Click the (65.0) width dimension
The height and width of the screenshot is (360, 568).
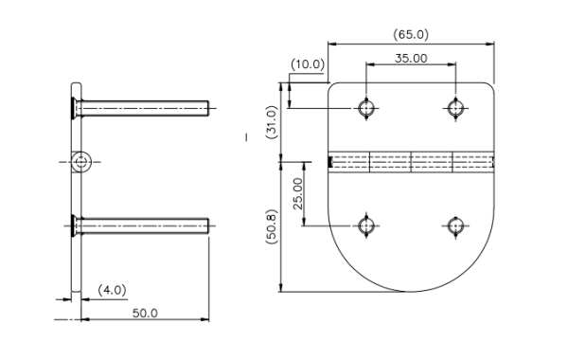(x=411, y=35)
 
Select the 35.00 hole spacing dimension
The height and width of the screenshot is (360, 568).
(x=411, y=58)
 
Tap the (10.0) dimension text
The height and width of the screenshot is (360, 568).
(x=308, y=64)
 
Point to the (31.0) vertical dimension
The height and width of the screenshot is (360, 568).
(x=272, y=122)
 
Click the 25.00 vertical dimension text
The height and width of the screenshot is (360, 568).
(x=298, y=193)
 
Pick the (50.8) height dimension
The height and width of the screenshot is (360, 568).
(x=272, y=226)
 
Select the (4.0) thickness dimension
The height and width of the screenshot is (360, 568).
(x=112, y=290)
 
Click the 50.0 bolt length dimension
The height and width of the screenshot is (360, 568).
(x=145, y=314)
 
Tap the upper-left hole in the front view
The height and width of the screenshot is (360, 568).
(x=366, y=108)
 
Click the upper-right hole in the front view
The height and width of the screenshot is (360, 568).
(x=455, y=108)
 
